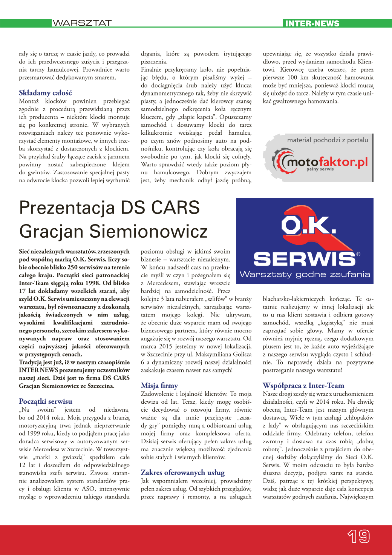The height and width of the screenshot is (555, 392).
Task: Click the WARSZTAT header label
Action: [x=82, y=23]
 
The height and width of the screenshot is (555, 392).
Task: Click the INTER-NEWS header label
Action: [x=312, y=23]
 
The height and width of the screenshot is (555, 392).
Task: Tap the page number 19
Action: [x=358, y=536]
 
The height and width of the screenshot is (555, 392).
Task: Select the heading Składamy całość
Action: [x=45, y=93]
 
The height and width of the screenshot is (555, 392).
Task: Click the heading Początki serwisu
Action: [x=46, y=401]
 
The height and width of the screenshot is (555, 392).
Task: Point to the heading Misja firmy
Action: [x=159, y=386]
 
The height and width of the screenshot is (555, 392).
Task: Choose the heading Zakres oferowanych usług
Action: [x=183, y=472]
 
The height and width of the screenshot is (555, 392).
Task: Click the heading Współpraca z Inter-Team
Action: [x=303, y=386]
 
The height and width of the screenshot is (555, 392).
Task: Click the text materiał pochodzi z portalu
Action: [x=328, y=140]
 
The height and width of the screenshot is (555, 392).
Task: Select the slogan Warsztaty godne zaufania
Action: [x=305, y=274]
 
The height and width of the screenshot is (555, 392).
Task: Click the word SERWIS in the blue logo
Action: [x=304, y=259]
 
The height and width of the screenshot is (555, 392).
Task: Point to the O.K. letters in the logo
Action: [x=308, y=226]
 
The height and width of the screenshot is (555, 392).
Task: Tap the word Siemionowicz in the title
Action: [x=148, y=231]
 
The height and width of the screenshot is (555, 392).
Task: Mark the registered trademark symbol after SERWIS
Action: [x=358, y=254]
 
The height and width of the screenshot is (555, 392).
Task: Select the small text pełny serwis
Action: [x=320, y=169]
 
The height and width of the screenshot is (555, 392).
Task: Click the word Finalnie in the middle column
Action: [x=152, y=70]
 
